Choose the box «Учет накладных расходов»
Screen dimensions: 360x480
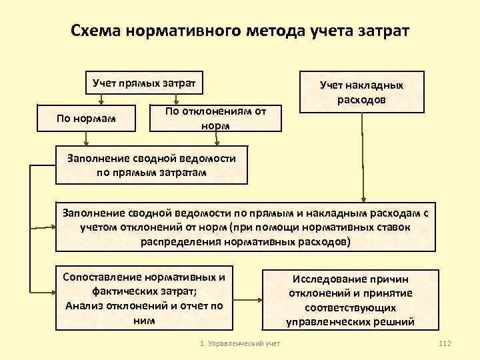pos(361,91)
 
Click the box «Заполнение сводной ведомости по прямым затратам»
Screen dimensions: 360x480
pos(151,165)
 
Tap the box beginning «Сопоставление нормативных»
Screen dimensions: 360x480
pos(143,299)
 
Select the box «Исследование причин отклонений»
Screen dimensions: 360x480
pos(351,300)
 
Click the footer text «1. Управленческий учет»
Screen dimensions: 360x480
pos(240,343)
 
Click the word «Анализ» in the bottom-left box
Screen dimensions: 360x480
pos(84,306)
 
